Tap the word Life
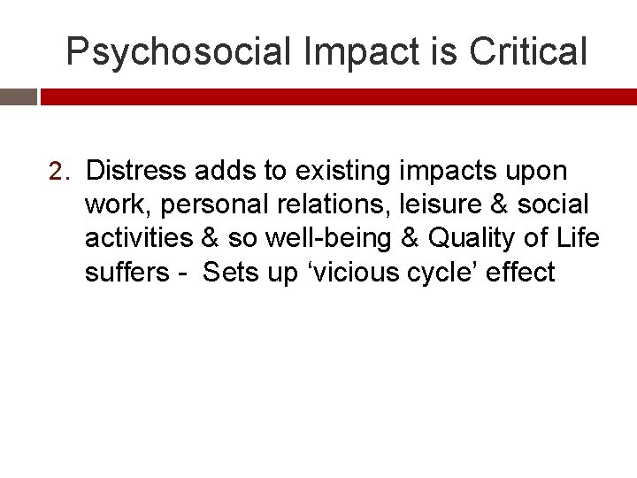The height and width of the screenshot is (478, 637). (577, 238)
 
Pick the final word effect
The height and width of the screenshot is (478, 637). (521, 272)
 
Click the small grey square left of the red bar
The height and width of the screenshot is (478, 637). (18, 96)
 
